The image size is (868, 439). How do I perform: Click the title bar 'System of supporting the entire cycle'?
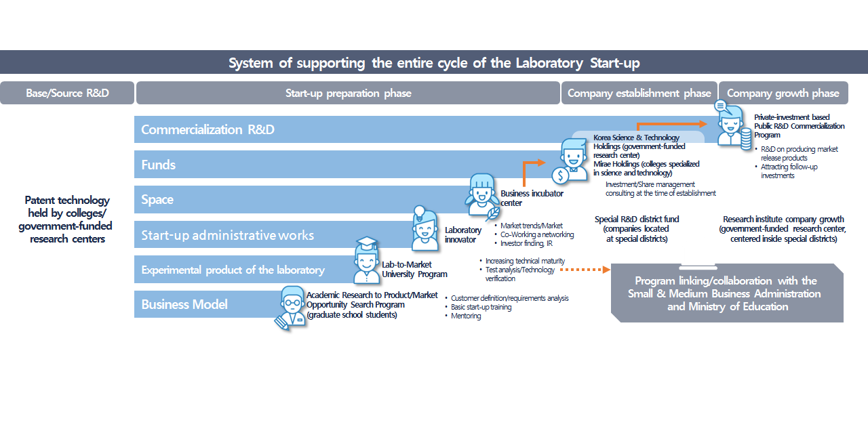(x=434, y=63)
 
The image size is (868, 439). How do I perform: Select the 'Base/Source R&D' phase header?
(x=67, y=93)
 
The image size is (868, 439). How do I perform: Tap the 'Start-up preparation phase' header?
(x=348, y=93)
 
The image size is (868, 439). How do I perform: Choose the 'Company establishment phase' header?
(x=639, y=93)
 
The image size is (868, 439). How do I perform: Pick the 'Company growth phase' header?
(x=783, y=93)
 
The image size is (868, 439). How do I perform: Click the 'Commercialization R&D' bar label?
(x=208, y=129)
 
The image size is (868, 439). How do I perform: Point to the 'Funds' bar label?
(x=159, y=165)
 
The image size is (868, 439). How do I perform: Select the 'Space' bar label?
(x=157, y=200)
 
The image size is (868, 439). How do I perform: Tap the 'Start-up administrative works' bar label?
(x=227, y=235)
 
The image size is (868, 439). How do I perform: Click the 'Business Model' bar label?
(x=184, y=304)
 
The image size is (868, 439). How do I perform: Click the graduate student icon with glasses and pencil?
(x=291, y=308)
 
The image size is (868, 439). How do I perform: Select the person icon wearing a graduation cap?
(x=367, y=261)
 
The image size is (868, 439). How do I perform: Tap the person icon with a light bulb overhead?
(x=425, y=228)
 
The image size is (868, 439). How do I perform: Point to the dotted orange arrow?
(x=587, y=270)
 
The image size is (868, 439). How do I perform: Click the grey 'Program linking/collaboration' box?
(x=726, y=294)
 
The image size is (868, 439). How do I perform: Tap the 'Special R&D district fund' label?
(x=637, y=229)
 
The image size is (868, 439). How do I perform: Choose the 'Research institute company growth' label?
(x=783, y=229)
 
